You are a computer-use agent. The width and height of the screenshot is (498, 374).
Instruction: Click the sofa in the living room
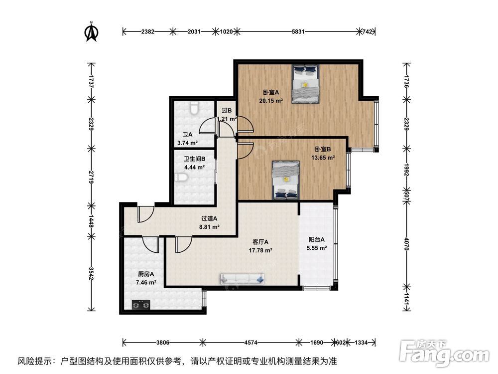pos(243,279)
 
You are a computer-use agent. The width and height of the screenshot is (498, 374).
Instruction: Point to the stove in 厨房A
pos(140,304)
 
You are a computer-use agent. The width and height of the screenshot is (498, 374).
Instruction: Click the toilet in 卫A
pos(195,108)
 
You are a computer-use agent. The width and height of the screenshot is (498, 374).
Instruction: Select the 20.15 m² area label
pos(271,100)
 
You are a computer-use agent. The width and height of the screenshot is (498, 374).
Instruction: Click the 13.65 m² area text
pos(323,157)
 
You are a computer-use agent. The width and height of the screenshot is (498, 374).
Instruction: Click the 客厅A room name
pos(260,242)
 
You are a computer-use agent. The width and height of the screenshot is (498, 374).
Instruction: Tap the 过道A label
pos(209,218)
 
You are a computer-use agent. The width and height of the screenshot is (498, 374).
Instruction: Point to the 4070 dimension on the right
pos(407,244)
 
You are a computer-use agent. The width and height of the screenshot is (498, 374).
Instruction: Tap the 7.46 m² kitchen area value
pos(146,282)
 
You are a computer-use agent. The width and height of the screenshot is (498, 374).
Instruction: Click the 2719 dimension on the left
pos(91,176)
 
